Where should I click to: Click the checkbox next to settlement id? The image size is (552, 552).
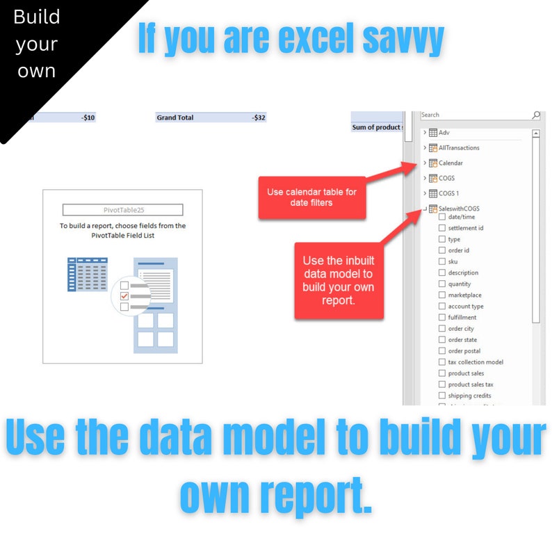coord(442,228)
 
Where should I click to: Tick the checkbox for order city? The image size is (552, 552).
coord(442,329)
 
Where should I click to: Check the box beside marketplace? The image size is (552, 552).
coord(442,295)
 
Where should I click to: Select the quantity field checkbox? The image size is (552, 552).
coord(442,284)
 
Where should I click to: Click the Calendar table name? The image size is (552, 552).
coord(450,163)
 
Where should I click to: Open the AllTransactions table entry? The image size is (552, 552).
coord(458,148)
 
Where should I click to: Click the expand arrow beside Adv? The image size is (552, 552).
coord(425,133)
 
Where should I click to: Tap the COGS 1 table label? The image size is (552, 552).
coord(448,193)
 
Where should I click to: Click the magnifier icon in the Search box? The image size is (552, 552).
coord(536,115)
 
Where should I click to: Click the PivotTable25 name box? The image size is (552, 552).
coord(122,210)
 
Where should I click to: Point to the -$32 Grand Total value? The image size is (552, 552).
coord(259,118)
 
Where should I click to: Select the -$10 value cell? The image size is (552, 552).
coord(88,118)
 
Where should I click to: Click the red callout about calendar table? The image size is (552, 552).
coord(311,197)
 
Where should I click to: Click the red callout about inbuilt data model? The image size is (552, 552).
coord(339,281)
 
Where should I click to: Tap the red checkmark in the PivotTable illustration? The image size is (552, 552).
coord(124,296)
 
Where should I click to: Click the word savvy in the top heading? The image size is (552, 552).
coord(403,40)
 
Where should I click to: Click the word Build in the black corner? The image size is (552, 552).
coord(36,17)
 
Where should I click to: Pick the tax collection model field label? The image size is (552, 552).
coord(476,362)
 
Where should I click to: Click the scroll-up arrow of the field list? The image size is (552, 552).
coord(536,133)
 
